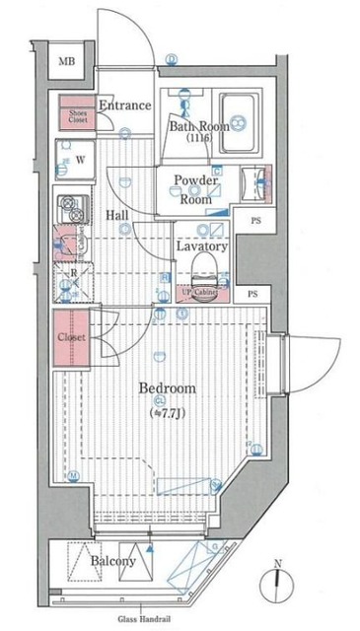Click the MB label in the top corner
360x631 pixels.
[65, 62]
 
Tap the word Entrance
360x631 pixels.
[124, 105]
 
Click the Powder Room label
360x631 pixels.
[195, 188]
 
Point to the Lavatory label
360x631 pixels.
[202, 246]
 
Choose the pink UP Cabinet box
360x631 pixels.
[200, 292]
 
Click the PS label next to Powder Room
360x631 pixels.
[255, 220]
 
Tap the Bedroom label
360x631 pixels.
[167, 388]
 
